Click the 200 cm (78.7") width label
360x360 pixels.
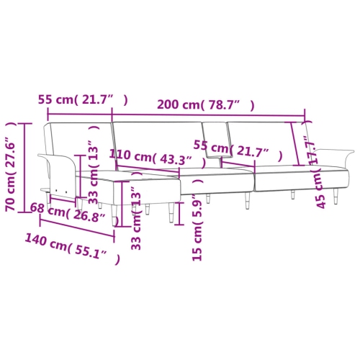point(205,105)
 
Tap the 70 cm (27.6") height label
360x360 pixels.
point(11,167)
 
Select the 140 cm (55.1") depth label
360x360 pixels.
point(72,249)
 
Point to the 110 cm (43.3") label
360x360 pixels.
point(157,158)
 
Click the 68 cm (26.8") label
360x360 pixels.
point(74,215)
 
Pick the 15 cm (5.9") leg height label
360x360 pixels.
point(197,220)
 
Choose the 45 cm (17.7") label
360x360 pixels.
point(315,171)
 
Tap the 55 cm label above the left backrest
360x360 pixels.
point(83,99)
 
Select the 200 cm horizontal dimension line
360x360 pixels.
point(208,116)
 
